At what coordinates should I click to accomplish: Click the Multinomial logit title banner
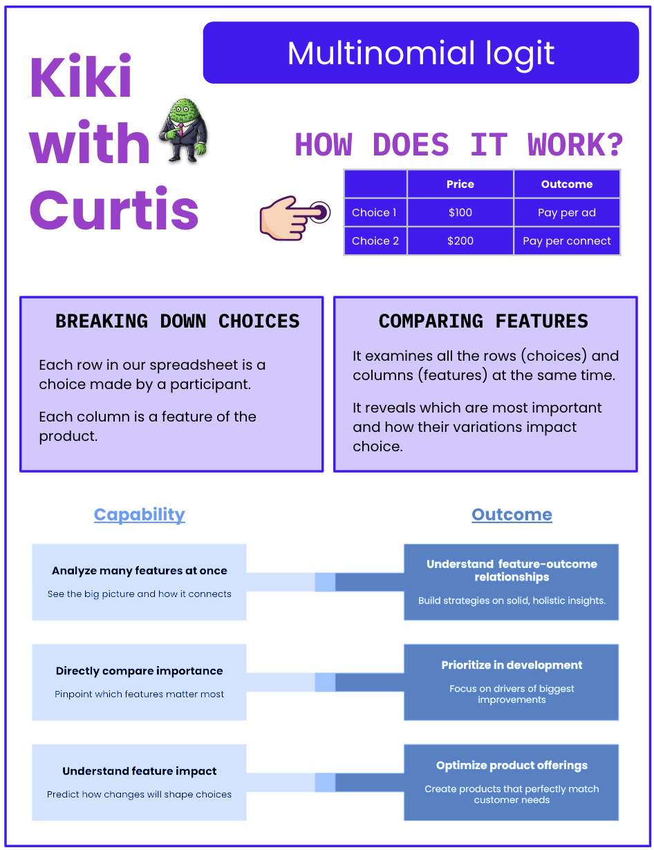point(420,53)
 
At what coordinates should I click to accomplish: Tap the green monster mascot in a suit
point(183,131)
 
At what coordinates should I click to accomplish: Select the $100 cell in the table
point(460,213)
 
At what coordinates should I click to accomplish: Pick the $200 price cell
point(460,241)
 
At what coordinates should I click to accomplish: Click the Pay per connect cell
point(567,241)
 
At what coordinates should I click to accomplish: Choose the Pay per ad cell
point(567,213)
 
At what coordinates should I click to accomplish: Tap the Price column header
point(460,185)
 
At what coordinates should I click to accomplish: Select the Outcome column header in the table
point(567,185)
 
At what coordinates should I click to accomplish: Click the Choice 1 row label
point(375,213)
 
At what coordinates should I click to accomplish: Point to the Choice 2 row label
point(375,241)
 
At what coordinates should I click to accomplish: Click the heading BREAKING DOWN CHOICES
point(178,321)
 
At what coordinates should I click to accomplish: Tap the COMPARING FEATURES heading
point(483,321)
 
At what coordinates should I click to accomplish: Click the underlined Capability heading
point(140,515)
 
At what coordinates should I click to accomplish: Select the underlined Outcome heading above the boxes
point(512,515)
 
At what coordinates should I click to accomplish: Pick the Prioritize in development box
point(512,681)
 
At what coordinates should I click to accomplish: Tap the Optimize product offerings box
point(512,782)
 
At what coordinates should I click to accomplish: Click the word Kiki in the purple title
point(80,78)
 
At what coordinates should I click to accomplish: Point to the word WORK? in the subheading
point(575,146)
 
